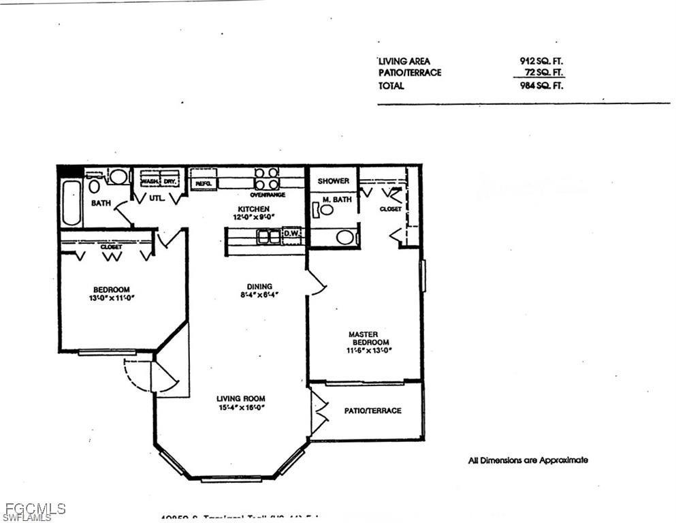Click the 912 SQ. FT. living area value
point(541,61)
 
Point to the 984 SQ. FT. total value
point(541,86)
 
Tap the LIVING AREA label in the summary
point(404,61)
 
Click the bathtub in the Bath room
point(71,202)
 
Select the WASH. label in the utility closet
point(150,182)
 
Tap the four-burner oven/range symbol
point(267,178)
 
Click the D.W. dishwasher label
point(292,233)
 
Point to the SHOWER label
point(334,181)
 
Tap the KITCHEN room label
point(253,209)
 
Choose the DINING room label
point(259,286)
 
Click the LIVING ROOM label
point(240,398)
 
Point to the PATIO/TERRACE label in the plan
point(372,411)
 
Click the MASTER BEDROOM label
point(368,338)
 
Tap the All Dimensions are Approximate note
point(528,460)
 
